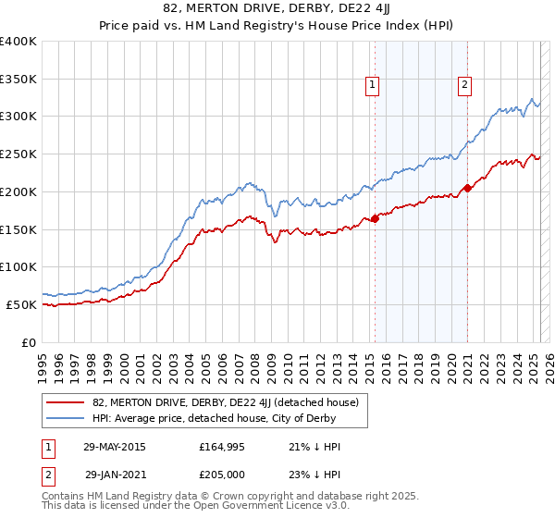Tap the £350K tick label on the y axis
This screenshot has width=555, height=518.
pos(18,80)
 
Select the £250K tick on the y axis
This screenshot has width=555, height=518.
pos(18,154)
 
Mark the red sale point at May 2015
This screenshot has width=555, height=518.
pos(375,219)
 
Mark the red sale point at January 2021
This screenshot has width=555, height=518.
pos(467,189)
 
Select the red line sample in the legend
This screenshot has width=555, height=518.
pos(66,401)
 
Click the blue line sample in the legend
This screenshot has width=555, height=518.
pos(66,419)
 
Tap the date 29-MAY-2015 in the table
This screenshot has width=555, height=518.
pos(114,447)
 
